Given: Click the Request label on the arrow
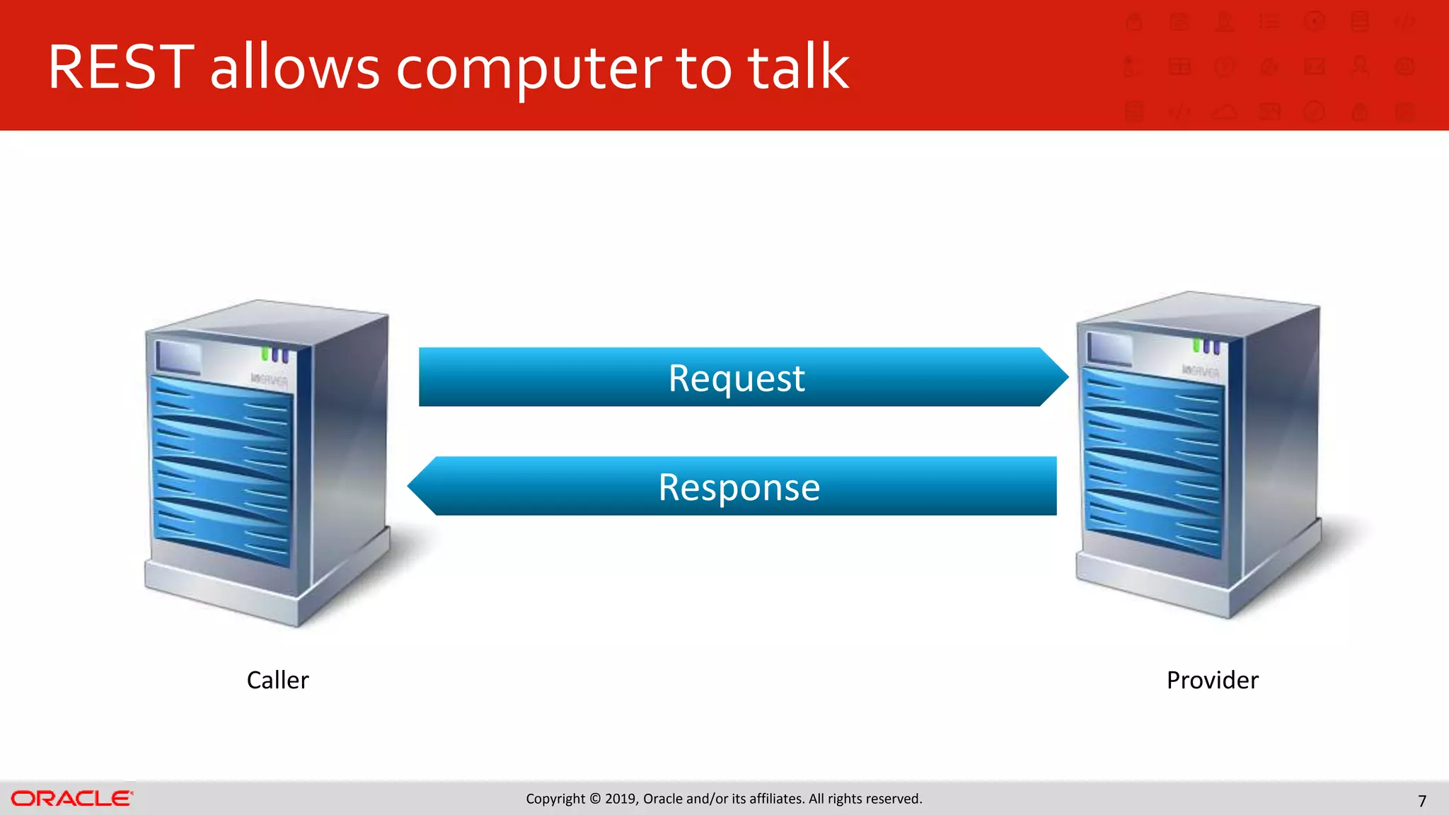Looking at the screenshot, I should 737,378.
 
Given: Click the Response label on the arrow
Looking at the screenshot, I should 739,487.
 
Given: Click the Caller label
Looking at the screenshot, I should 277,680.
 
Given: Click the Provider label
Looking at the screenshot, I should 1212,680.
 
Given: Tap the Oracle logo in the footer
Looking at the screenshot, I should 71,799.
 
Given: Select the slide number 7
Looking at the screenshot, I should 1422,801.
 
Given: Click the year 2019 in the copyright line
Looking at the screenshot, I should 620,799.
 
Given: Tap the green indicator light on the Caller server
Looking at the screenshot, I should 265,352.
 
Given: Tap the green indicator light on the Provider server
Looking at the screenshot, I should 1196,345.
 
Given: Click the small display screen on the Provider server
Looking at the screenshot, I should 1109,348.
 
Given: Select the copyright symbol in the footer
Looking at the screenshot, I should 595,799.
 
